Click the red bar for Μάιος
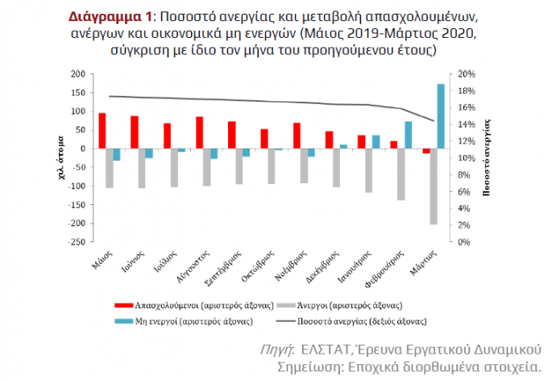coord(102,131)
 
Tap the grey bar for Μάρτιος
coord(433,186)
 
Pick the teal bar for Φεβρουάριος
coord(409,135)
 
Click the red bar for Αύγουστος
coord(199,133)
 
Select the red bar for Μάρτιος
coord(425,151)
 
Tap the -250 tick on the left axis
coord(76,242)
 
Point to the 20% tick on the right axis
coord(467,74)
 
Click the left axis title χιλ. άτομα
coord(62,158)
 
